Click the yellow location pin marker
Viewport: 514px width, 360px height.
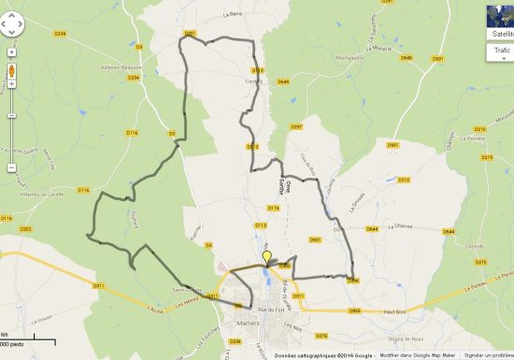coord(266,257)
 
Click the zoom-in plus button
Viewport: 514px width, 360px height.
coord(11,53)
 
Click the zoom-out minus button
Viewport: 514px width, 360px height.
coord(11,167)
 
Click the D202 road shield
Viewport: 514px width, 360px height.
coord(25,228)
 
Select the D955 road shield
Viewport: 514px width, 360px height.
coord(355,310)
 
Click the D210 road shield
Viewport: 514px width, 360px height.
coord(191,34)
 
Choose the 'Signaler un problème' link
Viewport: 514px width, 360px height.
coord(488,355)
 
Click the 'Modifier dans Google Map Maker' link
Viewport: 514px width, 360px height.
coord(418,355)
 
